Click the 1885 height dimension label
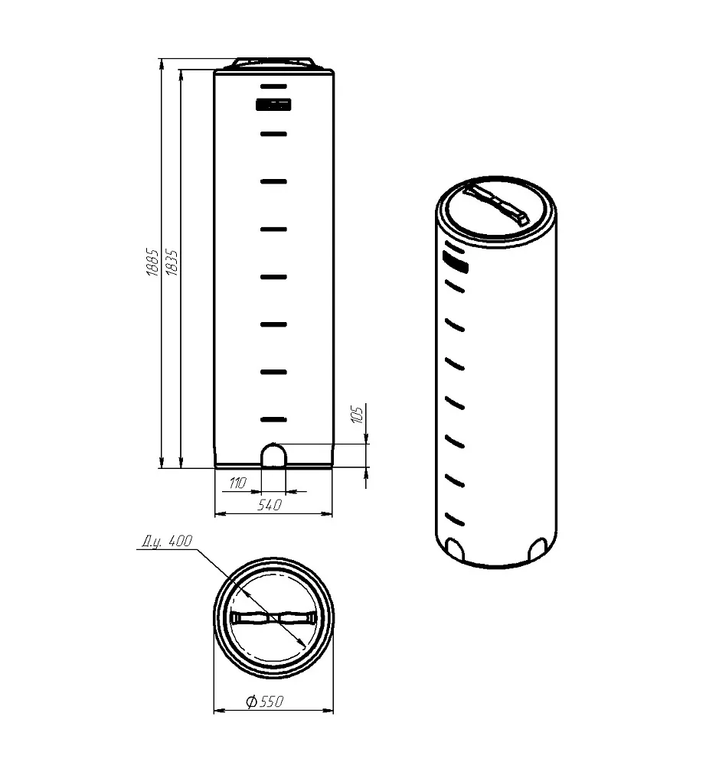152,263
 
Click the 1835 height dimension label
172,263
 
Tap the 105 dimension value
358,414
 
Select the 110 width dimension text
238,483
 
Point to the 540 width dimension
270,504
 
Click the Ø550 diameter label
265,702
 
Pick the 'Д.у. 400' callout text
167,541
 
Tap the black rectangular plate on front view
273,104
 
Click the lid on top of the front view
273,63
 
